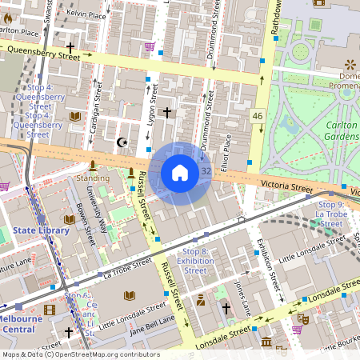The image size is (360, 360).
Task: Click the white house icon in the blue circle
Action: (x=180, y=173)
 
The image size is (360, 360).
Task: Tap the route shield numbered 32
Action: (x=206, y=171)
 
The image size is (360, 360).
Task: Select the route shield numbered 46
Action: (x=257, y=116)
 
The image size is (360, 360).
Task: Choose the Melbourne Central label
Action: (x=22, y=323)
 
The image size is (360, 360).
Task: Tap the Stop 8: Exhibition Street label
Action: (x=195, y=261)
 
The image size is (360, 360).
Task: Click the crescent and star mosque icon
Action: (x=122, y=142)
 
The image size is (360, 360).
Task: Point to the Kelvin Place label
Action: (x=86, y=14)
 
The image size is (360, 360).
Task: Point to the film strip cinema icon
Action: (x=50, y=310)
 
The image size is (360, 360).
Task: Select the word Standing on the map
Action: (x=92, y=178)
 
